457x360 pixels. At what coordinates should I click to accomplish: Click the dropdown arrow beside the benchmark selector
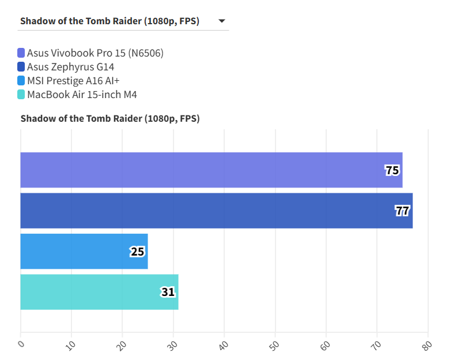click(x=221, y=21)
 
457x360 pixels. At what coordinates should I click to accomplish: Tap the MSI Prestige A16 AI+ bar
click(x=84, y=252)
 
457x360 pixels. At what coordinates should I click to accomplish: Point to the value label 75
click(x=392, y=170)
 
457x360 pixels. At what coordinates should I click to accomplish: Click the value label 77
click(x=402, y=211)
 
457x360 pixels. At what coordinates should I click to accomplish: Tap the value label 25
click(x=137, y=252)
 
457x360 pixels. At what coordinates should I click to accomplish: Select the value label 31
click(x=168, y=292)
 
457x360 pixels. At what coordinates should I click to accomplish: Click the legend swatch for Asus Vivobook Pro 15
click(x=21, y=53)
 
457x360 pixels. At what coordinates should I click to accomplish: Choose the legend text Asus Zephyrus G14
click(x=70, y=66)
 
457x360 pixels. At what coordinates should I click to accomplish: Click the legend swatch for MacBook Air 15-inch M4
click(x=21, y=94)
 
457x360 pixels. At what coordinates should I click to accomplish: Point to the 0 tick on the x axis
click(x=21, y=344)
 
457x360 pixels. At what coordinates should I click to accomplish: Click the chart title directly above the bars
click(x=109, y=119)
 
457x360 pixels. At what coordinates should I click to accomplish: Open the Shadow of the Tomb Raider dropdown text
click(x=109, y=21)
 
